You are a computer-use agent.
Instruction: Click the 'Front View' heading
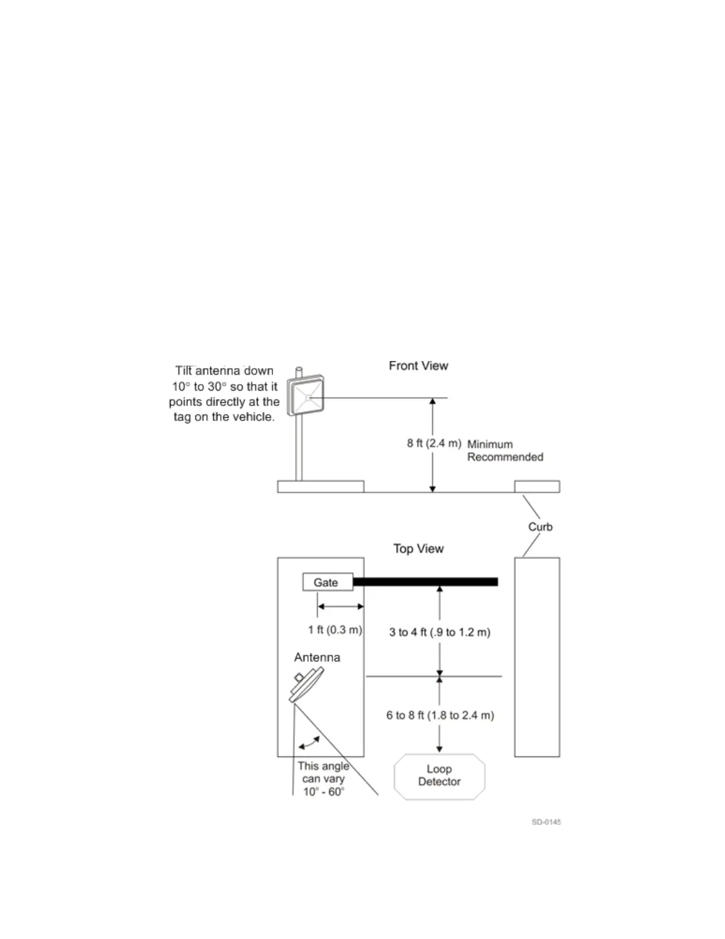(418, 366)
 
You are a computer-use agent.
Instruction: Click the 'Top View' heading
(418, 549)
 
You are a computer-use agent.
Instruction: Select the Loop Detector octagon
(440, 776)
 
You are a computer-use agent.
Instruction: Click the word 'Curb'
(540, 527)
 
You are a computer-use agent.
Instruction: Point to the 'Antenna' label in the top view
(317, 657)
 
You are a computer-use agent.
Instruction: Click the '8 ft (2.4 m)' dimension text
(434, 443)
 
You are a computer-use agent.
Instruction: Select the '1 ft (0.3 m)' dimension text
(335, 630)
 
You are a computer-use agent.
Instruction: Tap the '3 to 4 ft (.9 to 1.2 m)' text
(440, 633)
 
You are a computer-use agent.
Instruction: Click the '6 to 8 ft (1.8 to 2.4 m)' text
(440, 716)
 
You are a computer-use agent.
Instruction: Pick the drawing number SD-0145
(546, 822)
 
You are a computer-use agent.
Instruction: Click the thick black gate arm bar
(425, 582)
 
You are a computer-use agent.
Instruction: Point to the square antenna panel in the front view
(306, 395)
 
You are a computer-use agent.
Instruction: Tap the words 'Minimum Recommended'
(505, 451)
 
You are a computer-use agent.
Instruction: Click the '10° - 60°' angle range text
(323, 792)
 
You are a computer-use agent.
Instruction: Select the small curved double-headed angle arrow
(309, 742)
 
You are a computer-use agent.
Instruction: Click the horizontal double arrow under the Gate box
(341, 606)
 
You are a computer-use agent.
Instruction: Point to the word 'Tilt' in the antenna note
(184, 371)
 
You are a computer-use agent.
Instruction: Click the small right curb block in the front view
(537, 487)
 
